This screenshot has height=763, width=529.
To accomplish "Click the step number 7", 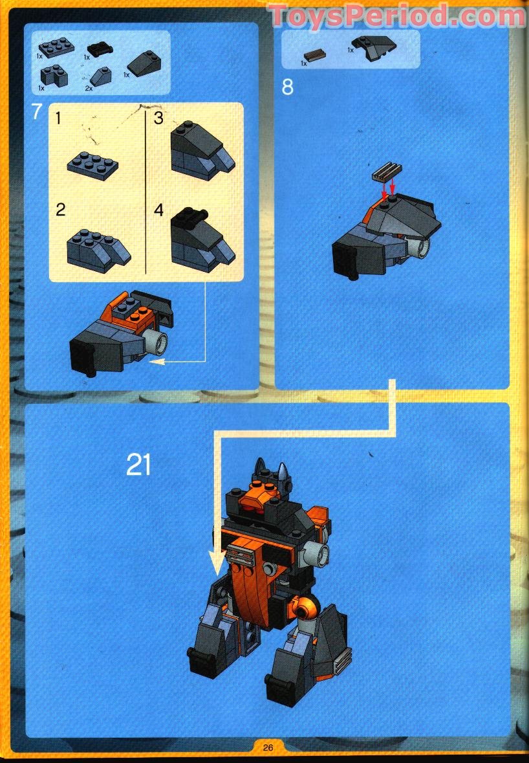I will tap(37, 111).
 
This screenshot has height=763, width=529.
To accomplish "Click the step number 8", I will tap(288, 87).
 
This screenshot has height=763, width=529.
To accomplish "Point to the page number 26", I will tap(268, 747).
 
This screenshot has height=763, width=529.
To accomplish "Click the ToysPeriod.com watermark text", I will tap(397, 16).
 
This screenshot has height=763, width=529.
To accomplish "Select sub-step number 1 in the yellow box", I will tap(59, 118).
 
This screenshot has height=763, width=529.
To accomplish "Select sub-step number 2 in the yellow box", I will tap(60, 210).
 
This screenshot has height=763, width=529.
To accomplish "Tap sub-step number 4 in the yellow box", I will tap(159, 210).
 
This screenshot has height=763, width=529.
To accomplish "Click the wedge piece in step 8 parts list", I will tap(374, 47).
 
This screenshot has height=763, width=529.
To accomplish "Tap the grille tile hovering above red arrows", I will tap(386, 172).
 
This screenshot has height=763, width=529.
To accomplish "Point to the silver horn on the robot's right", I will tap(283, 470).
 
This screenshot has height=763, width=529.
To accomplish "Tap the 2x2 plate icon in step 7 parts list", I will tap(56, 47).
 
